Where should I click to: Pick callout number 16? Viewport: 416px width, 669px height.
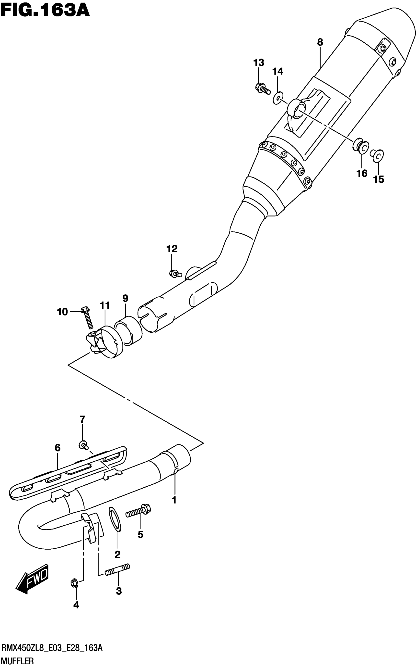[362, 173]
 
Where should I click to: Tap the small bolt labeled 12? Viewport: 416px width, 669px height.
[175, 273]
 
